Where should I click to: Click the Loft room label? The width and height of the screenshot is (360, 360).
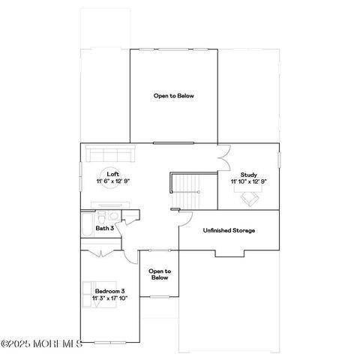[x=112, y=173]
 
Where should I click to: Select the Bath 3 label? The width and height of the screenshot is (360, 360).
[x=104, y=228]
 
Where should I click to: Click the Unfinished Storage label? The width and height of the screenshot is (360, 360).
[x=229, y=229]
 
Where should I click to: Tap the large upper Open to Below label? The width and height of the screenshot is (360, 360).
[x=173, y=95]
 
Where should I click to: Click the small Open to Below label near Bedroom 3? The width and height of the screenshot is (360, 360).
[x=159, y=274]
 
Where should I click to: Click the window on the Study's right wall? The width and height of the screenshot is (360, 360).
[x=278, y=161]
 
